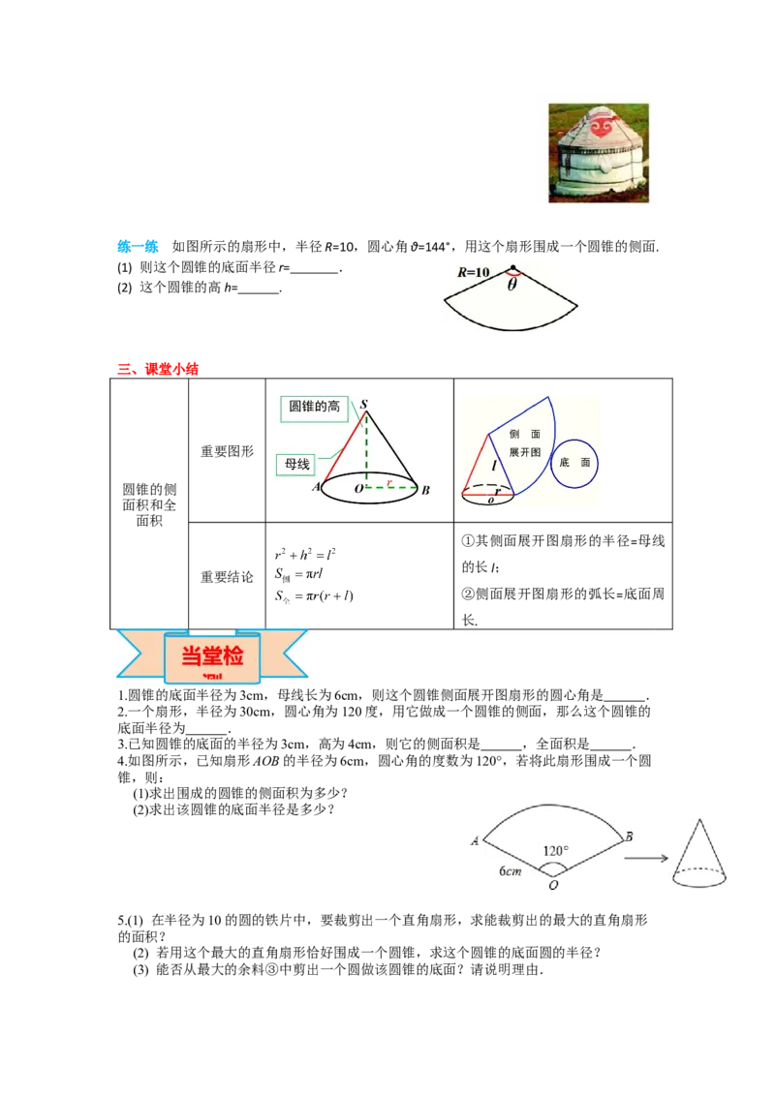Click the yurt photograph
pyautogui.click(x=599, y=153)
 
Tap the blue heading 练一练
pyautogui.click(x=138, y=246)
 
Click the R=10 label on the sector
pyautogui.click(x=474, y=272)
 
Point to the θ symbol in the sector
pyautogui.click(x=512, y=285)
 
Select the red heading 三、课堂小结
pyautogui.click(x=158, y=368)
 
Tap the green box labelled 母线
pyautogui.click(x=297, y=464)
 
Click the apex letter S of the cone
pyautogui.click(x=363, y=404)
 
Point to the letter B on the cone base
pyautogui.click(x=425, y=490)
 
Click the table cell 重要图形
pyautogui.click(x=228, y=451)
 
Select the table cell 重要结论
pyautogui.click(x=228, y=577)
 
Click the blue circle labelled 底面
pyautogui.click(x=574, y=463)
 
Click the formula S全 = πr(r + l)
pyautogui.click(x=314, y=596)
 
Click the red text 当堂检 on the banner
pyautogui.click(x=212, y=655)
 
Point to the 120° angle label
pyautogui.click(x=556, y=850)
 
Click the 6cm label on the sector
pyautogui.click(x=510, y=871)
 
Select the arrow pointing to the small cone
pyautogui.click(x=645, y=858)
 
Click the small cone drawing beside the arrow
pyautogui.click(x=698, y=853)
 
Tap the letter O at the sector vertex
pyautogui.click(x=553, y=885)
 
